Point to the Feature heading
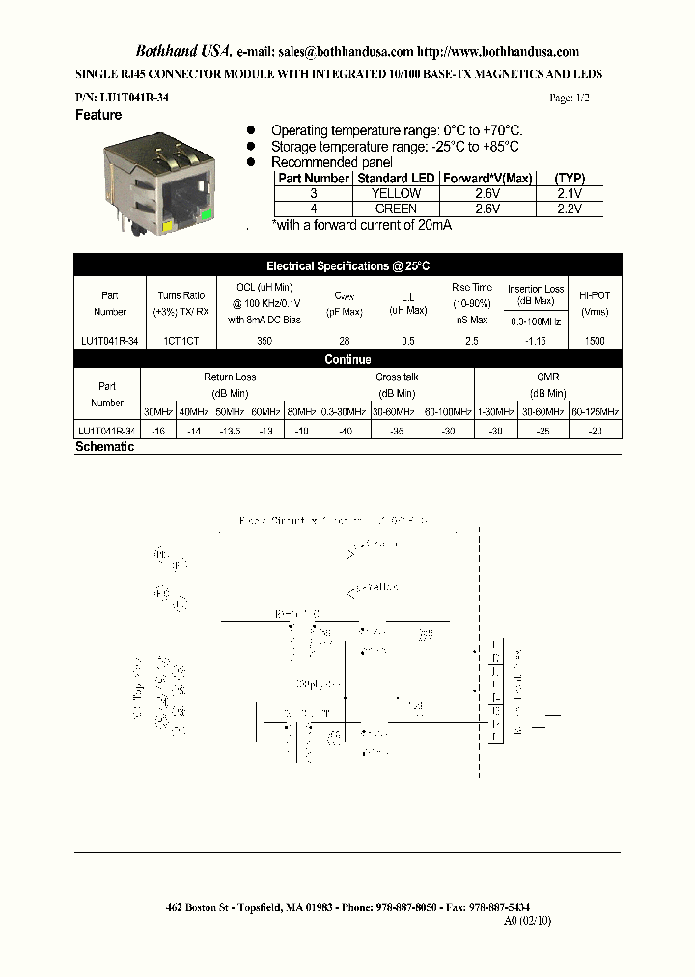click(x=98, y=115)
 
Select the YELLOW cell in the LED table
click(x=396, y=193)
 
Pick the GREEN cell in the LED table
click(x=396, y=209)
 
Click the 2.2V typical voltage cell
click(x=570, y=209)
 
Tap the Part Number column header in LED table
click(x=314, y=179)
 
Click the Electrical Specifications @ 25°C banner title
click(x=347, y=265)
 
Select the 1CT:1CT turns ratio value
click(x=181, y=341)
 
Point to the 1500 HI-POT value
click(x=596, y=341)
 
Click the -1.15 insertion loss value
click(x=536, y=341)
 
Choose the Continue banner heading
click(x=347, y=359)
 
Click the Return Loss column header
click(x=230, y=377)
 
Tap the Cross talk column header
click(x=396, y=377)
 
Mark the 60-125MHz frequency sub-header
click(x=596, y=411)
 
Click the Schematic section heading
click(x=104, y=448)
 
